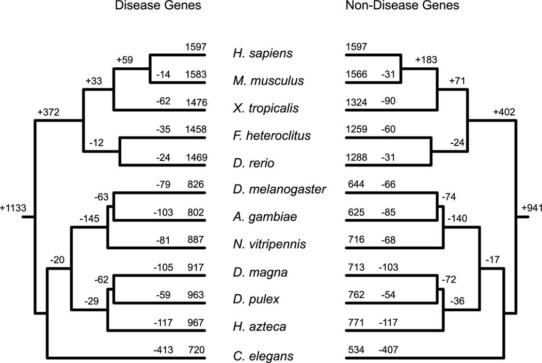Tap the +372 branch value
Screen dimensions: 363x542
pyautogui.click(x=49, y=112)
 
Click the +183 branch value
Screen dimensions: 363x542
pyautogui.click(x=426, y=59)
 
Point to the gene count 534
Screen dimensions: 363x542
pyautogui.click(x=356, y=349)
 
